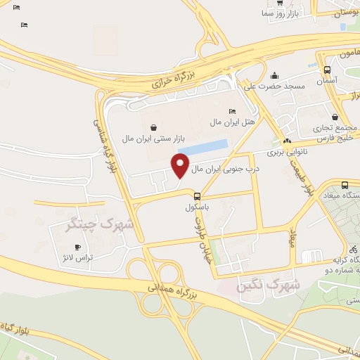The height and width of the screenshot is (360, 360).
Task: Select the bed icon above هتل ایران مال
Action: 233,111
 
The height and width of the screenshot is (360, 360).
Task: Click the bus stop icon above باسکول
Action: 198,196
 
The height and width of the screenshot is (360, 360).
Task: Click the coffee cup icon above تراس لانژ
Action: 78,247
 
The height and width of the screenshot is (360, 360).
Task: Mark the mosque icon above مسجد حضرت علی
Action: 274,75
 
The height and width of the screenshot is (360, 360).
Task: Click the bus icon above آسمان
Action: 327,70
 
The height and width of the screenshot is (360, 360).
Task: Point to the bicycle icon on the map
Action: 353,249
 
